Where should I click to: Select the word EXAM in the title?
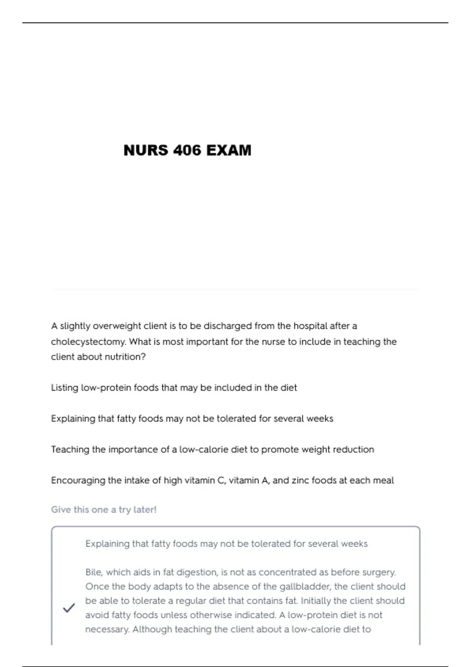coord(229,150)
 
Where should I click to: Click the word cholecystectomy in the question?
coord(88,342)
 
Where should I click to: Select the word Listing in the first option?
coord(64,388)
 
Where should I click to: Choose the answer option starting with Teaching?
coord(212,450)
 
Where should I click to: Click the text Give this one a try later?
coord(104,510)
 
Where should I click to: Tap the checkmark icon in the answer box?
coord(69,608)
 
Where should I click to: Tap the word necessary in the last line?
coord(107,629)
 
